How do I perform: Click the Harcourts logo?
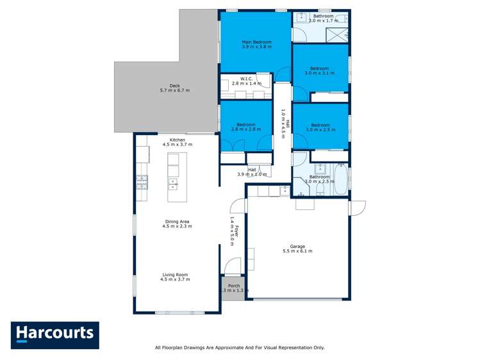tap(54, 334)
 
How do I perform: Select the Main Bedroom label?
tap(256, 42)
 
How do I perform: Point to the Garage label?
tap(297, 246)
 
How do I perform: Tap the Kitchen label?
tap(177, 140)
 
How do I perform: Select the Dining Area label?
tap(177, 221)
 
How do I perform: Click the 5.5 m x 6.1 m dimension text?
tap(297, 251)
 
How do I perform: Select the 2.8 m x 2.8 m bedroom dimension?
tap(245, 129)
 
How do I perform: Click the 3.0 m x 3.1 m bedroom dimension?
tap(319, 74)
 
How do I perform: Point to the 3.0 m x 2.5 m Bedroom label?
tap(319, 125)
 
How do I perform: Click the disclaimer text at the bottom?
tap(240, 348)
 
